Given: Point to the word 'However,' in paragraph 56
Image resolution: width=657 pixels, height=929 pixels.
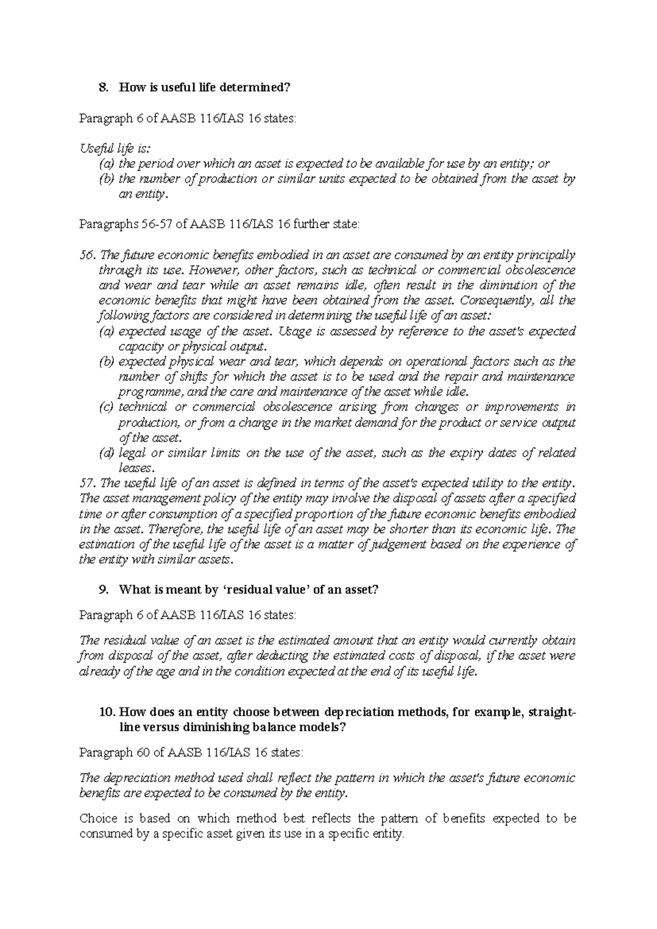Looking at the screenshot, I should [x=221, y=270].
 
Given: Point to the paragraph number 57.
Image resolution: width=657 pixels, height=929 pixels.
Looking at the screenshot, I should [x=87, y=483].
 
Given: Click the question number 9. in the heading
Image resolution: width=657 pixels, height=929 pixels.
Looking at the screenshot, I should [x=102, y=589].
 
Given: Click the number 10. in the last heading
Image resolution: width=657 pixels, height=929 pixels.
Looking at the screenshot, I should [x=106, y=712].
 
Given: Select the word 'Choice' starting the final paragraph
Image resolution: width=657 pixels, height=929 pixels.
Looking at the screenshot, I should [x=99, y=819].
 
